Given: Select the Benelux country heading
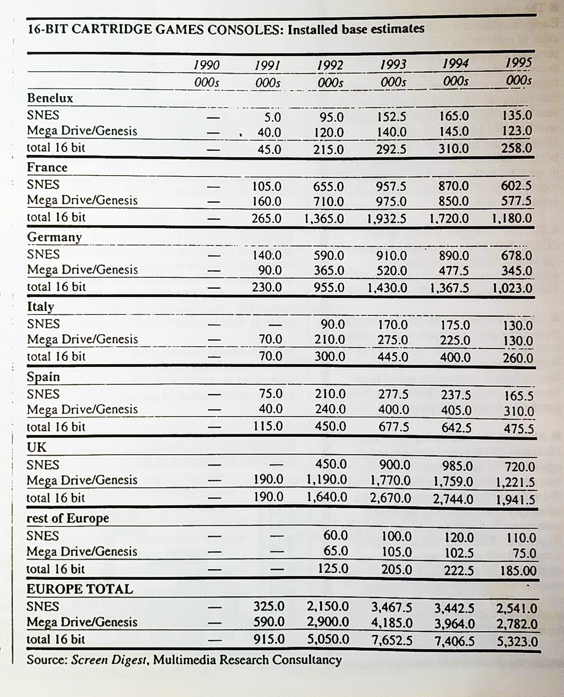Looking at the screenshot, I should click(50, 98).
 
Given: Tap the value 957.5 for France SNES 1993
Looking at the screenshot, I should click(391, 186).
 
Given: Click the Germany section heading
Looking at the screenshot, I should click(54, 237).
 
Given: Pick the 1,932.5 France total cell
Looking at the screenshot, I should click(386, 218).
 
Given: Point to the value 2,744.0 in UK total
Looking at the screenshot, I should click(453, 499).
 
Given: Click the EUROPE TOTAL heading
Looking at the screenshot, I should click(80, 589).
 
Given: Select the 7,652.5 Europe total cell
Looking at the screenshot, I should click(392, 640).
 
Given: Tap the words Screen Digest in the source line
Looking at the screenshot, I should click(109, 660).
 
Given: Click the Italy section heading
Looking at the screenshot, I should click(40, 307).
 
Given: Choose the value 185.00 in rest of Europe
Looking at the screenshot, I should click(518, 571).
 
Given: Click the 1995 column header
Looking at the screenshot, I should click(518, 63).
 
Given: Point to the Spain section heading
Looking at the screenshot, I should click(43, 377).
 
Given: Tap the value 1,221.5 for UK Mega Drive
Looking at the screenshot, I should click(515, 482).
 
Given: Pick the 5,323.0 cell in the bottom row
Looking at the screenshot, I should click(517, 641).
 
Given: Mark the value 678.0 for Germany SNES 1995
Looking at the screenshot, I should click(517, 256).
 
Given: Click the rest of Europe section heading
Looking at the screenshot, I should click(68, 518).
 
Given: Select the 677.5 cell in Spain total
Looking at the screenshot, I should click(393, 427).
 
